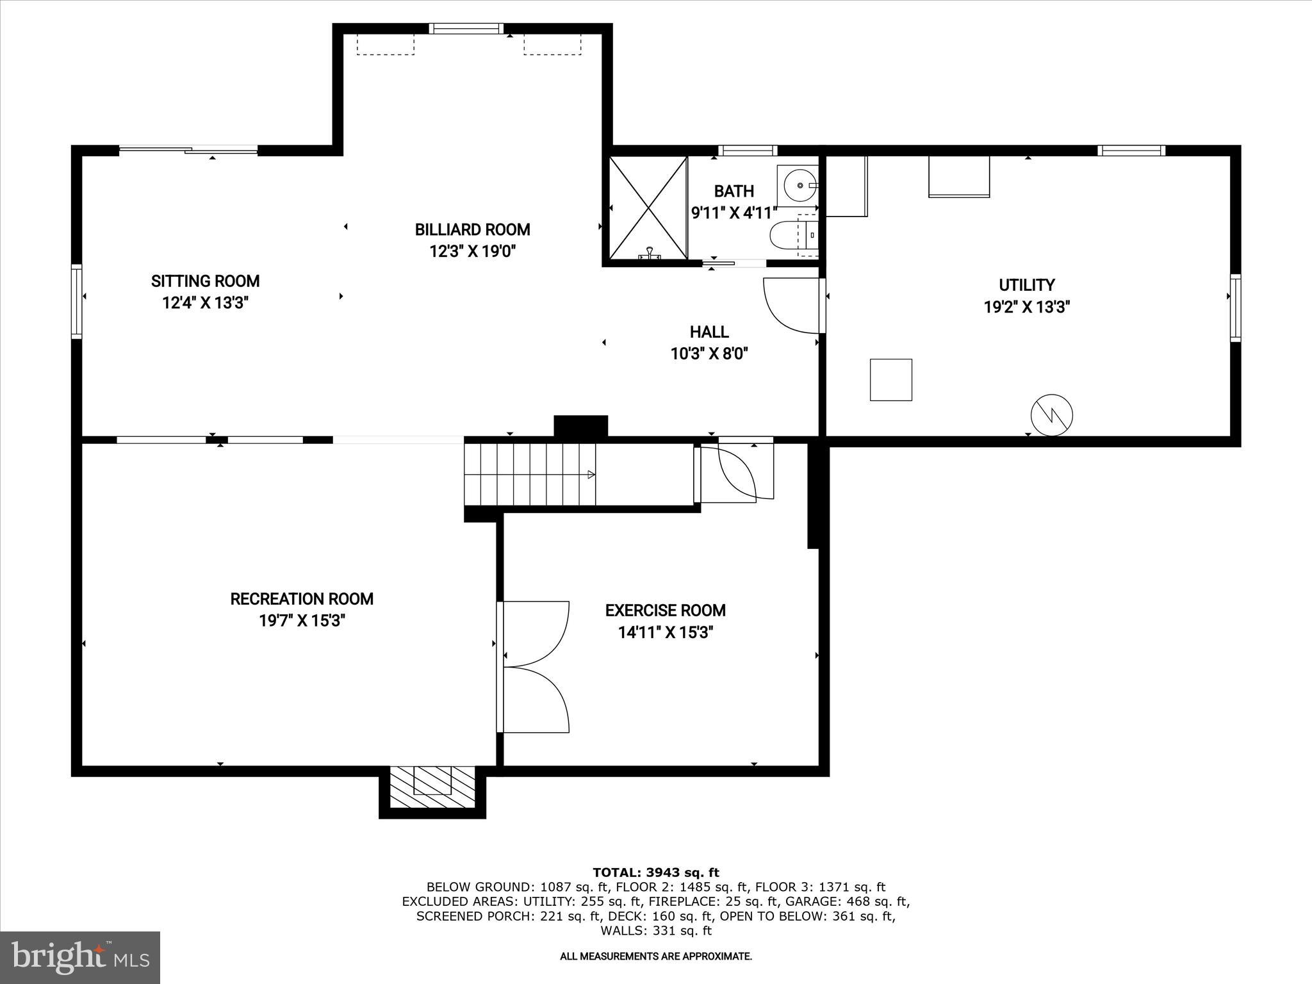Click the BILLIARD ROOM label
pos(472,229)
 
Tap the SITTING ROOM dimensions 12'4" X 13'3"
pos(205,303)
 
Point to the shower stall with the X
pos(647,208)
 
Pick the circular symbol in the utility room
pos(1051,416)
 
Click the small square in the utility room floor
pos(890,380)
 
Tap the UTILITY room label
pos(1026,285)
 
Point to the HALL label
pos(709,332)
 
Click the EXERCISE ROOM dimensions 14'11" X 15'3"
pos(665,633)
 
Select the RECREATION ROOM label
pos(302,599)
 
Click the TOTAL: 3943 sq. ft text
pos(655,873)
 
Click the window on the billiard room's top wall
pos(466,28)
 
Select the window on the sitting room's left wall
pos(76,301)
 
